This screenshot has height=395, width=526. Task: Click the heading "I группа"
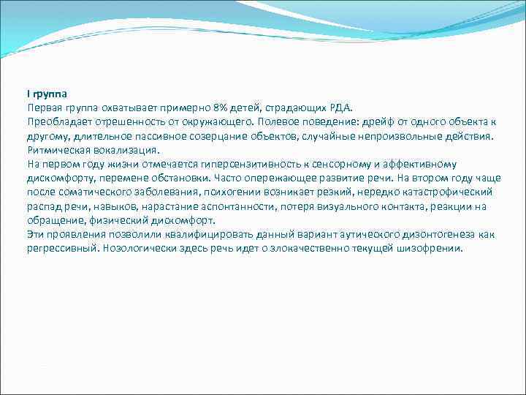(x=47, y=94)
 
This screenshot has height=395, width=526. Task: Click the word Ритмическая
(x=57, y=149)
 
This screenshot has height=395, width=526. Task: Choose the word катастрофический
(x=445, y=192)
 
